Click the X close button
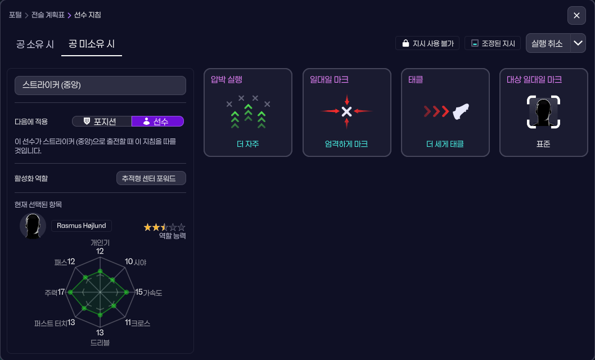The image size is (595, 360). pos(576,16)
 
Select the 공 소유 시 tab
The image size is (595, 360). pos(35,44)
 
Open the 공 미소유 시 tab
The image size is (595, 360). pos(92,44)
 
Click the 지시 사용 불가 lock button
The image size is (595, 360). pos(427,43)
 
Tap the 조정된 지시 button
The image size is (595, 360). pos(493,43)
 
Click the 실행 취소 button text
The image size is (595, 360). pos(547,43)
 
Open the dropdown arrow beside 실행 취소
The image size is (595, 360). pos(578,43)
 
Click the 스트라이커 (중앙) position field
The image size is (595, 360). pos(100,85)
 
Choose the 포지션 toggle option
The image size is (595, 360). pos(102,121)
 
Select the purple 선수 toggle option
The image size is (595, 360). pos(157,121)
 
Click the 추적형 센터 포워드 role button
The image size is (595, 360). pos(151,178)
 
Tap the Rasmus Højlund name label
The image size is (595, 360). pos(82,226)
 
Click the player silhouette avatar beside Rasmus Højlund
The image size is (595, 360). pos(33,226)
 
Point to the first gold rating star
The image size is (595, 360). pos(148,227)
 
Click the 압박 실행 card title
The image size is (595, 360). pos(227,80)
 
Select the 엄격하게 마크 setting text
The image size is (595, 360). pos(346,144)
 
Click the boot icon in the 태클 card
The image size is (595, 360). pos(461,111)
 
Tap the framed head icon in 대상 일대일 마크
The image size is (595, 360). pos(544,111)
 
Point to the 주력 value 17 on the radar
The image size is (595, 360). pos(61,292)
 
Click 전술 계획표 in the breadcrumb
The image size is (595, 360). pos(48,15)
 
